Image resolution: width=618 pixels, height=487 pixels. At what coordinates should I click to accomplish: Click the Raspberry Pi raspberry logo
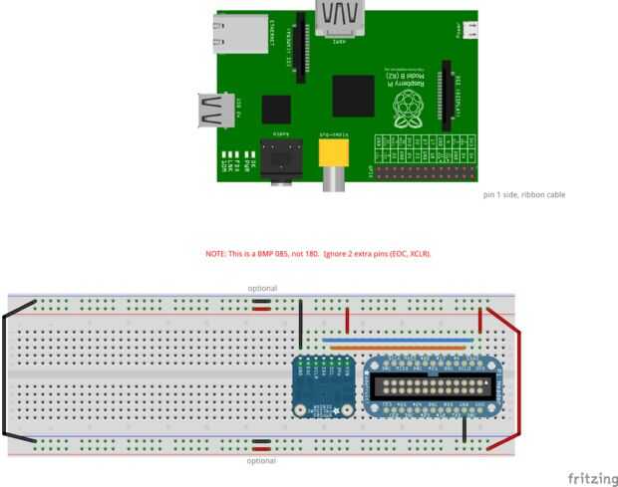click(x=406, y=111)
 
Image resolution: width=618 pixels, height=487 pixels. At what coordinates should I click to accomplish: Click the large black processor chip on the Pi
click(x=353, y=95)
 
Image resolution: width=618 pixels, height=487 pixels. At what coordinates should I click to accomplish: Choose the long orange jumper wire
click(x=398, y=348)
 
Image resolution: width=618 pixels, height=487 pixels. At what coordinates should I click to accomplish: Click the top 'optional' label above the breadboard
click(x=262, y=288)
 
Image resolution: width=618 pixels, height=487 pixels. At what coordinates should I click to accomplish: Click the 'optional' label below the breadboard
click(x=262, y=461)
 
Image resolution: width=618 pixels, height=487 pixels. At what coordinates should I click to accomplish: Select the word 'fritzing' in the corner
click(x=592, y=479)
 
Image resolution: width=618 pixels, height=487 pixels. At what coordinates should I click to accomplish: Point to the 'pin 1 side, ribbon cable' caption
click(x=524, y=194)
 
